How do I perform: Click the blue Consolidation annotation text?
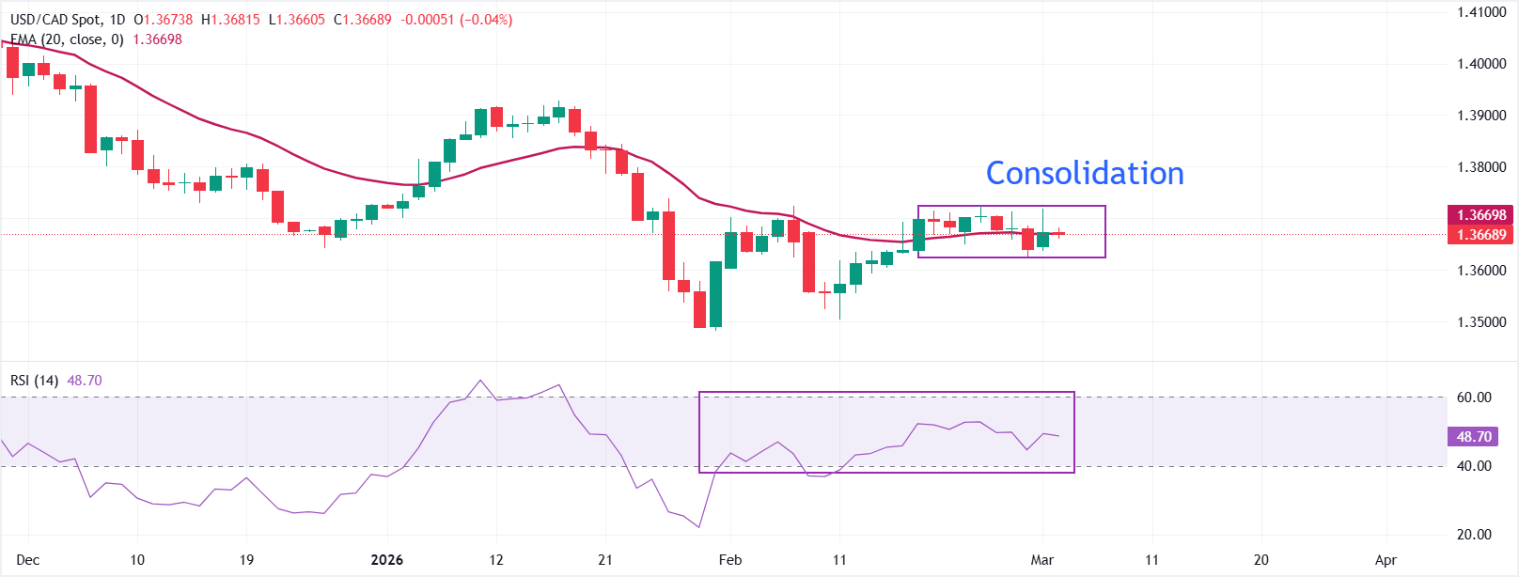click(x=1085, y=173)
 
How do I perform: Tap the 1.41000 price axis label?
click(x=1481, y=12)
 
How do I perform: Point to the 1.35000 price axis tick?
click(x=1481, y=322)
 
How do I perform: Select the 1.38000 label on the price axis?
click(x=1481, y=167)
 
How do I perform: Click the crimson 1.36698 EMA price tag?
click(x=1481, y=215)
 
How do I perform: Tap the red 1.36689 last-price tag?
click(x=1481, y=235)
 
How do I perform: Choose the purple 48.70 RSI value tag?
click(x=1474, y=437)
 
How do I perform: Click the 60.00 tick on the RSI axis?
click(x=1474, y=398)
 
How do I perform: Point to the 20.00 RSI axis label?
click(x=1474, y=535)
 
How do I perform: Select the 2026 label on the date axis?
click(x=386, y=560)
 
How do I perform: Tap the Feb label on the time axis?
click(x=730, y=560)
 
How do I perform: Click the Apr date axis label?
click(x=1386, y=560)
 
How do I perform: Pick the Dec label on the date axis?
click(x=28, y=560)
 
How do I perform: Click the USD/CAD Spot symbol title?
click(x=55, y=20)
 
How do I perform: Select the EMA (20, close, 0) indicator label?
click(x=67, y=39)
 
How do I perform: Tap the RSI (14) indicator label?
click(x=34, y=381)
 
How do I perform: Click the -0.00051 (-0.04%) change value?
click(x=457, y=20)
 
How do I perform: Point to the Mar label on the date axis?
click(x=1041, y=560)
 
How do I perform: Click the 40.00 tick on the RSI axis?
click(x=1474, y=466)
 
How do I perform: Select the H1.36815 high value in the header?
click(x=230, y=20)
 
